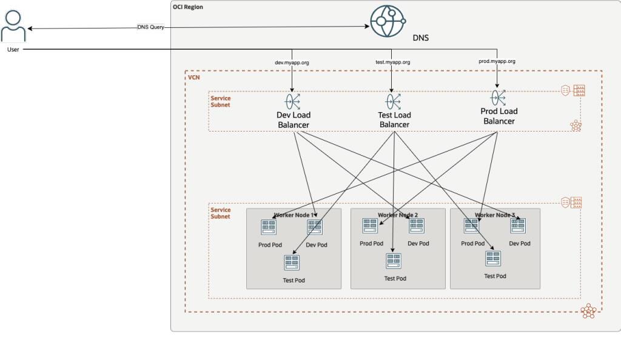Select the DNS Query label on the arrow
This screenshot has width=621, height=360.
pos(150,27)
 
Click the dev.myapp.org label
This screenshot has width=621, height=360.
pos(292,62)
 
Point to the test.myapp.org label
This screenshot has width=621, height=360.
pos(392,62)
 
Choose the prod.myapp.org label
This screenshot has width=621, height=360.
pos(497,61)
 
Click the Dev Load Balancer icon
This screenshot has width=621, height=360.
pos(293,101)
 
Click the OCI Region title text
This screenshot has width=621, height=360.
pos(188,7)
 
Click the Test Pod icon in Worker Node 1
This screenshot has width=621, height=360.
pos(292,262)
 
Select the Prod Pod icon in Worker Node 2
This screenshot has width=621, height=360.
pos(371,225)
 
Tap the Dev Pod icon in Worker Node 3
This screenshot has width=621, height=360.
pos(518,226)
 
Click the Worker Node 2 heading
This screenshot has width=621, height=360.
pos(398,215)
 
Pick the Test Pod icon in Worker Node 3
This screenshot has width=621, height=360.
pos(492,259)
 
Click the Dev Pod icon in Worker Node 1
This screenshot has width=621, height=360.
pos(315,227)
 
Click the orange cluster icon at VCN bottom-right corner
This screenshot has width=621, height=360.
pos(588,312)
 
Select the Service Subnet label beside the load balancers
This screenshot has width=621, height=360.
pos(220,101)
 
